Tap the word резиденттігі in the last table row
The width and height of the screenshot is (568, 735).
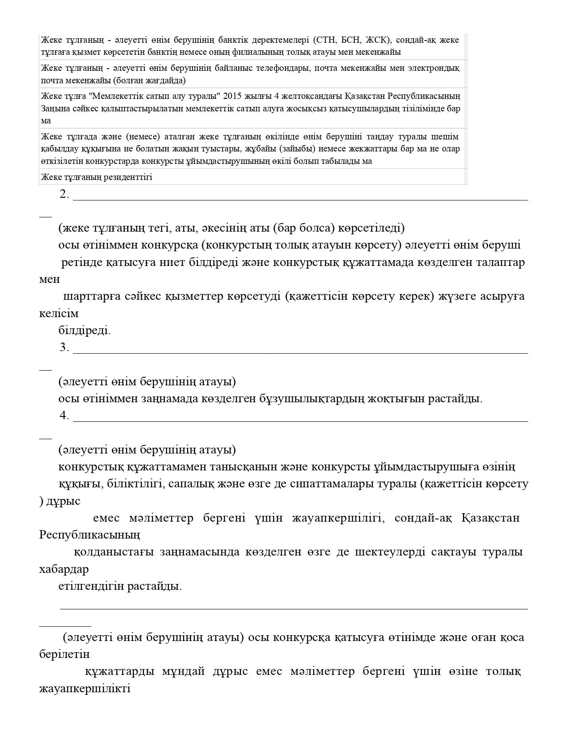coord(128,177)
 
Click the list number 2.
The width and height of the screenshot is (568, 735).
coord(64,194)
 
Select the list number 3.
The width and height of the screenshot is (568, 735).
coord(64,347)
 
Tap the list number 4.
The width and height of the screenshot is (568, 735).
coord(64,416)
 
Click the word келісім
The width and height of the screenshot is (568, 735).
coord(59,314)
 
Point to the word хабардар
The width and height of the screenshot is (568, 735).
coord(64,570)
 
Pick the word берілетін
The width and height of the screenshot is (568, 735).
coord(65,655)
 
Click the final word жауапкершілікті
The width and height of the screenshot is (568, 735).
coord(85,689)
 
